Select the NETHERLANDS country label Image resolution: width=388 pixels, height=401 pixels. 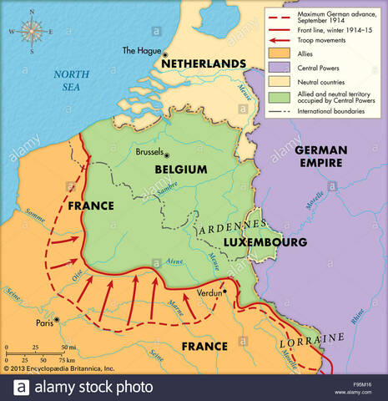click(204, 64)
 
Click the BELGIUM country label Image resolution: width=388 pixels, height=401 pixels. click(180, 169)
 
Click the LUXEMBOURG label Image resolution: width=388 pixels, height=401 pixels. click(265, 242)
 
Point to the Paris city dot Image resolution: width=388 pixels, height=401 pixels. click(57, 320)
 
